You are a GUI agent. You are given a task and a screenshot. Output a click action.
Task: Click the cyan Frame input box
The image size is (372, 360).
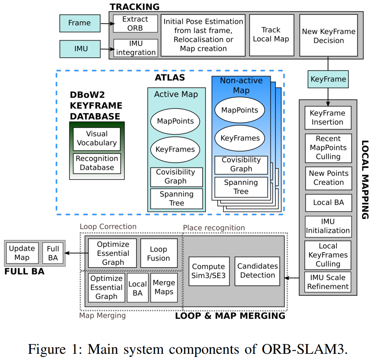(80, 23)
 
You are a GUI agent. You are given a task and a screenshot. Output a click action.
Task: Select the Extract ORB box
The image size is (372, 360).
(135, 23)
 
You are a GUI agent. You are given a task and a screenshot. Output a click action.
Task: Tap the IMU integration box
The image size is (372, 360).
(135, 48)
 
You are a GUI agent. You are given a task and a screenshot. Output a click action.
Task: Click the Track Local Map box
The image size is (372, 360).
(271, 35)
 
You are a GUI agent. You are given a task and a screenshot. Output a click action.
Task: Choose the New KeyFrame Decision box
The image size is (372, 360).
(328, 36)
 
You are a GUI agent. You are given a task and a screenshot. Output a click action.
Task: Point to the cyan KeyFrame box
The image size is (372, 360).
(328, 79)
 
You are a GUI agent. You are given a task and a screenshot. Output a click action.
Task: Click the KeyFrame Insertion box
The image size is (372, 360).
(328, 118)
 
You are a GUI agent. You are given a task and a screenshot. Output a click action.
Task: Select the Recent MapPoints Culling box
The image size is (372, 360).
(328, 148)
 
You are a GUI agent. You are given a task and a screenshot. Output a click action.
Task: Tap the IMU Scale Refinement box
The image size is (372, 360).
(328, 282)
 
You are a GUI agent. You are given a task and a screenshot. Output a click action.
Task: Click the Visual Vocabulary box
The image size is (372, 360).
(97, 139)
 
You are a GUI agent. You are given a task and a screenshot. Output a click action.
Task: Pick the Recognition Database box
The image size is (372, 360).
(97, 163)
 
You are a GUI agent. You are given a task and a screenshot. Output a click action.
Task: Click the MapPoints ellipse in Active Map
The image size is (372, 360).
(175, 121)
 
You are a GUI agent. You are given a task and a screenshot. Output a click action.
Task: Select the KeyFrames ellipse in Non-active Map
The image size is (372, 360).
(240, 138)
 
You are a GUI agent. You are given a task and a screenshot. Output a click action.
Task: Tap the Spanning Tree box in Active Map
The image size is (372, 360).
(176, 198)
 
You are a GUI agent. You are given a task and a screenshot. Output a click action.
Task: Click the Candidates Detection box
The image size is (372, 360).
(258, 271)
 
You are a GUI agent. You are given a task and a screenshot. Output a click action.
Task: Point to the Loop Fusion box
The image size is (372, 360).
(158, 254)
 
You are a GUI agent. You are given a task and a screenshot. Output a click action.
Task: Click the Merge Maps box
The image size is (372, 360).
(164, 287)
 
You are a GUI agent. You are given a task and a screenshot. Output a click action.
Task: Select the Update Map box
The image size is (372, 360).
(22, 253)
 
